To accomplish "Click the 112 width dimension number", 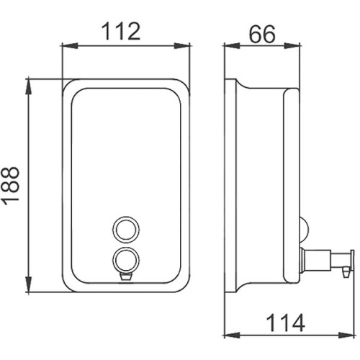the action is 121,31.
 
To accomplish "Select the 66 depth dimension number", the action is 262,35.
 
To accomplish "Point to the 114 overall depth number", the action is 285,323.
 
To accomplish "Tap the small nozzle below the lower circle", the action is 126,277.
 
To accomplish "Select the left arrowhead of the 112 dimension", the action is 70,46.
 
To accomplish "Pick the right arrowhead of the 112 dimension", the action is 181,46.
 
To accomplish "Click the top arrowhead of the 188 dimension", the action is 29,87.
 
